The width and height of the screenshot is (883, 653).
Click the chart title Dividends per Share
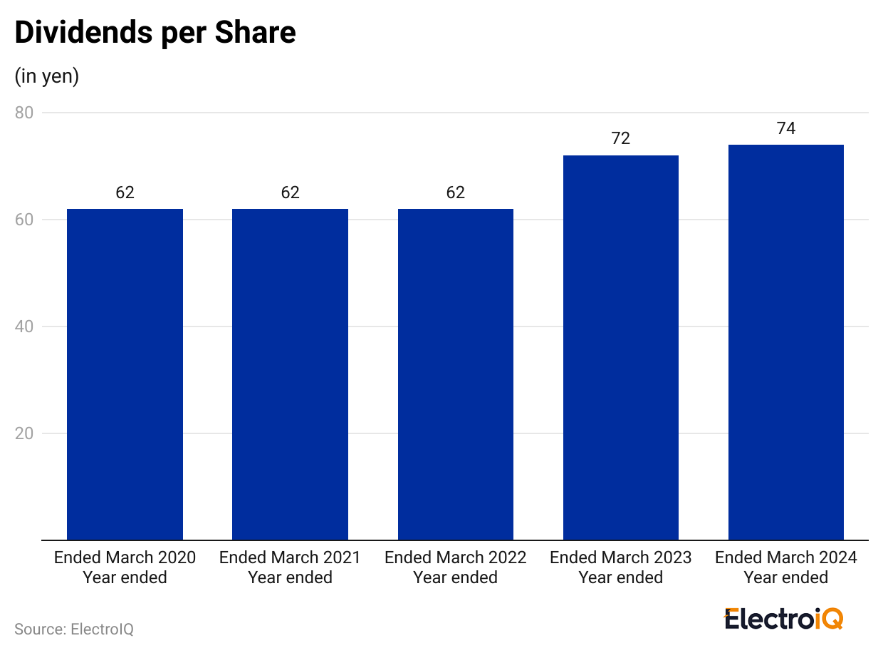click(x=155, y=34)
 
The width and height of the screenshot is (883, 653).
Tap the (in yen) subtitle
click(x=47, y=76)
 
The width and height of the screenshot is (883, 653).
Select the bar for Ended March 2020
click(x=125, y=374)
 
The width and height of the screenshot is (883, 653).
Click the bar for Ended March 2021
click(x=290, y=374)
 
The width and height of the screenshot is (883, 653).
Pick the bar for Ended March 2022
click(x=456, y=374)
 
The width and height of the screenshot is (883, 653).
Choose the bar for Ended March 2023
click(x=621, y=348)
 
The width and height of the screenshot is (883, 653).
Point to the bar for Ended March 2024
click(x=786, y=342)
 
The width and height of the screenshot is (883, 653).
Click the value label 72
click(x=621, y=138)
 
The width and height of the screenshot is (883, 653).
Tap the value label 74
click(x=786, y=128)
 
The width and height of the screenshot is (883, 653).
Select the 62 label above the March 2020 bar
click(x=125, y=192)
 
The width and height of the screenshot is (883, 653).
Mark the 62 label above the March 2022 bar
click(x=456, y=192)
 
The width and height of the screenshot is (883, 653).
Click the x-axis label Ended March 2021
click(x=290, y=567)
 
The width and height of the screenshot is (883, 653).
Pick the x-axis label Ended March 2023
click(x=621, y=567)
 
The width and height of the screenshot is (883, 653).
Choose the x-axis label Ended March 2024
click(x=786, y=567)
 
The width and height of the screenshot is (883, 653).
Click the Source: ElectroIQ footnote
click(x=74, y=629)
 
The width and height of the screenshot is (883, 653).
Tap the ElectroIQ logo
click(x=783, y=619)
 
